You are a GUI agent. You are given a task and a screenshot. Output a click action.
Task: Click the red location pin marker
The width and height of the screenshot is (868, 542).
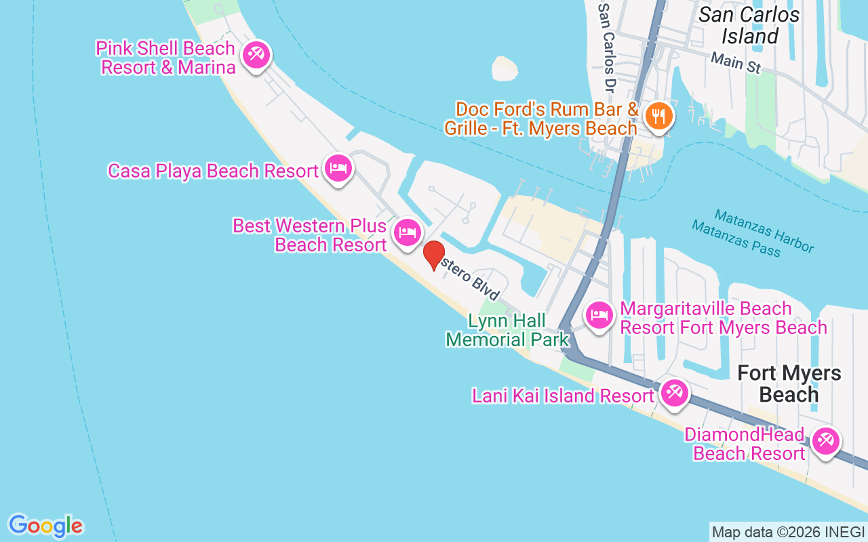point(433,255)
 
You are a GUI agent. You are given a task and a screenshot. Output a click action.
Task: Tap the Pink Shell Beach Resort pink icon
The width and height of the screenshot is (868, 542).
point(256,54)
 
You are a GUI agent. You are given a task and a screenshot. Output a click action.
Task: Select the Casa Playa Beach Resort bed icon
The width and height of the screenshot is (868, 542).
point(338,167)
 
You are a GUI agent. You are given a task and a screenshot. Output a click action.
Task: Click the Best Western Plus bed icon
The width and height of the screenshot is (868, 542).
point(406,232)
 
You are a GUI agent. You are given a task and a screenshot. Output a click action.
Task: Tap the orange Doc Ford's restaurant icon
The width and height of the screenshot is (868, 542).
point(657,116)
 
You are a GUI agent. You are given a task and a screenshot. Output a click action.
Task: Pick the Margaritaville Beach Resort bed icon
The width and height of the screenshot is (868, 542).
point(599,315)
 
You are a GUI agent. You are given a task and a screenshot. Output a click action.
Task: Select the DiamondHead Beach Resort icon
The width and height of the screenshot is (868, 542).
point(825,442)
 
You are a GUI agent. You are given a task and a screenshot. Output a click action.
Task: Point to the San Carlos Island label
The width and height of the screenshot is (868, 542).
point(749,25)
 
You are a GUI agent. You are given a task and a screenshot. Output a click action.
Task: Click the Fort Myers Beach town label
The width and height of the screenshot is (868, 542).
point(789,383)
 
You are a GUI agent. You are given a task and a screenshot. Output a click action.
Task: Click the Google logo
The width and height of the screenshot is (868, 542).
point(45,526)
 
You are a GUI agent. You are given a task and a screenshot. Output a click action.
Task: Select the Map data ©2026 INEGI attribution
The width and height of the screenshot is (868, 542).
point(789,533)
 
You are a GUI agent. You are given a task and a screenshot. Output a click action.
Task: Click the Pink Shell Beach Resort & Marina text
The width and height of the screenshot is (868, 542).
point(167,58)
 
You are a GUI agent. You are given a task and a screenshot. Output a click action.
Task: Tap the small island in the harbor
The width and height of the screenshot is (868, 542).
point(505,68)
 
